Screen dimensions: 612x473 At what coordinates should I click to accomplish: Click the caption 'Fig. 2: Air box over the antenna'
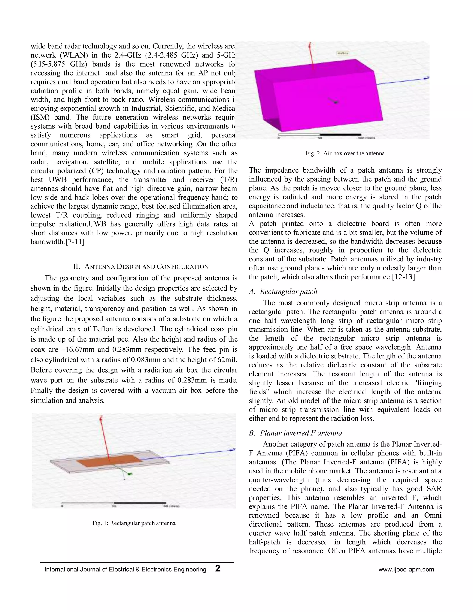point(345,154)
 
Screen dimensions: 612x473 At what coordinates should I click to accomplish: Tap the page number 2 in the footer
point(218,569)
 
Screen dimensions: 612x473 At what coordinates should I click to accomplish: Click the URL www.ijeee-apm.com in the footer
point(406,570)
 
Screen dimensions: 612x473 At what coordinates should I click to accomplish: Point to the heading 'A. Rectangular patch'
point(283,291)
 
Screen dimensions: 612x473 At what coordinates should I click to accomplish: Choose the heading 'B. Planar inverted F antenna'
point(295,433)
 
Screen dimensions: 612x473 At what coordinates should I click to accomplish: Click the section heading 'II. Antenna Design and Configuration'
point(141,267)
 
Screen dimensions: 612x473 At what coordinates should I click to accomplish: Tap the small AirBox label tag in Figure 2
point(343,53)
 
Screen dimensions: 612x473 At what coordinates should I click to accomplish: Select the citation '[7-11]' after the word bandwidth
point(75,242)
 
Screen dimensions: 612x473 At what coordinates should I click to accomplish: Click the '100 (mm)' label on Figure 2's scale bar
point(366,138)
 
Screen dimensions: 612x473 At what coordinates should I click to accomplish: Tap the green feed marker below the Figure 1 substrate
point(130,474)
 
